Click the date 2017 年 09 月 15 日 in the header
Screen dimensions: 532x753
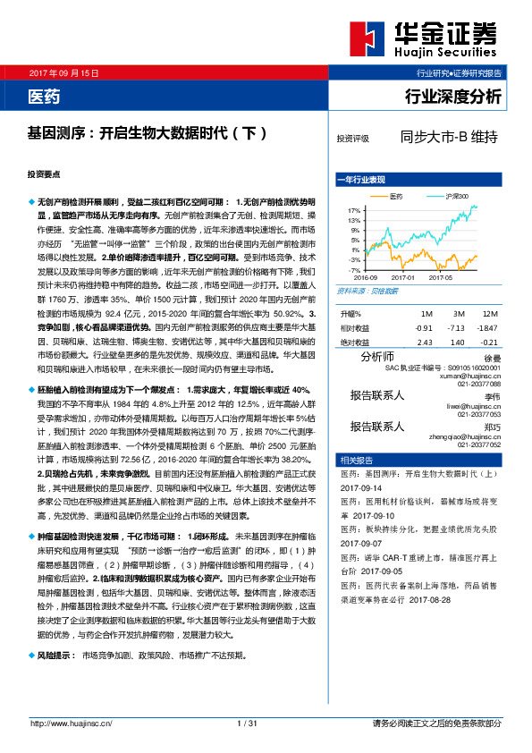pyautogui.click(x=63, y=72)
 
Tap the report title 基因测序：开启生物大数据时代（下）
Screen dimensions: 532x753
pyautogui.click(x=148, y=132)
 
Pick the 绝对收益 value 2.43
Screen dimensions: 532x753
pyautogui.click(x=425, y=342)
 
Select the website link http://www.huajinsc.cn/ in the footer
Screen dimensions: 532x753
pyautogui.click(x=71, y=723)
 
